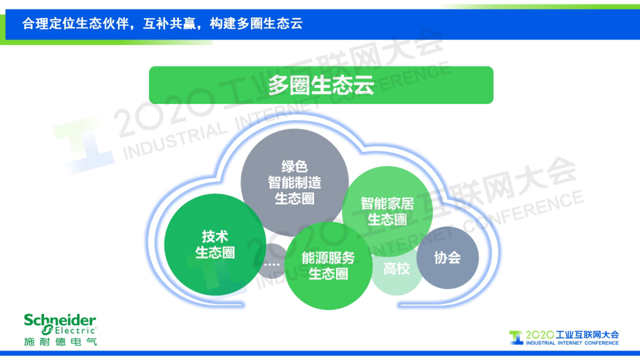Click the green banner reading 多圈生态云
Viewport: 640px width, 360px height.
[x=321, y=85]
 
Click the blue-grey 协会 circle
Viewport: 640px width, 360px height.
[x=448, y=258]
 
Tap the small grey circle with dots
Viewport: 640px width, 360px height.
[x=271, y=264]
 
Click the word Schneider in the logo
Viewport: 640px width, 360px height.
[x=60, y=320]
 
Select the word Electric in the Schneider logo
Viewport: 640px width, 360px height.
[x=75, y=331]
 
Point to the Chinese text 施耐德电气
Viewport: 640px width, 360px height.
[x=60, y=342]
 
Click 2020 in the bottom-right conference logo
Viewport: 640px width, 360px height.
[x=540, y=335]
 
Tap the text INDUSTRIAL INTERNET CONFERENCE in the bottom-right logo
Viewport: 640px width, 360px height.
[x=572, y=343]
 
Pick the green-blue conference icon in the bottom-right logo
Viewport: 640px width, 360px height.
[x=516, y=337]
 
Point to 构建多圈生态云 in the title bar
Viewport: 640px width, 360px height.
[x=256, y=24]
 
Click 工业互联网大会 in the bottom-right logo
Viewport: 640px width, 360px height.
[x=587, y=335]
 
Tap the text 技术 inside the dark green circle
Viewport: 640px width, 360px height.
[x=215, y=237]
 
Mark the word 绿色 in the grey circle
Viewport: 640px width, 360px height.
[x=294, y=166]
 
